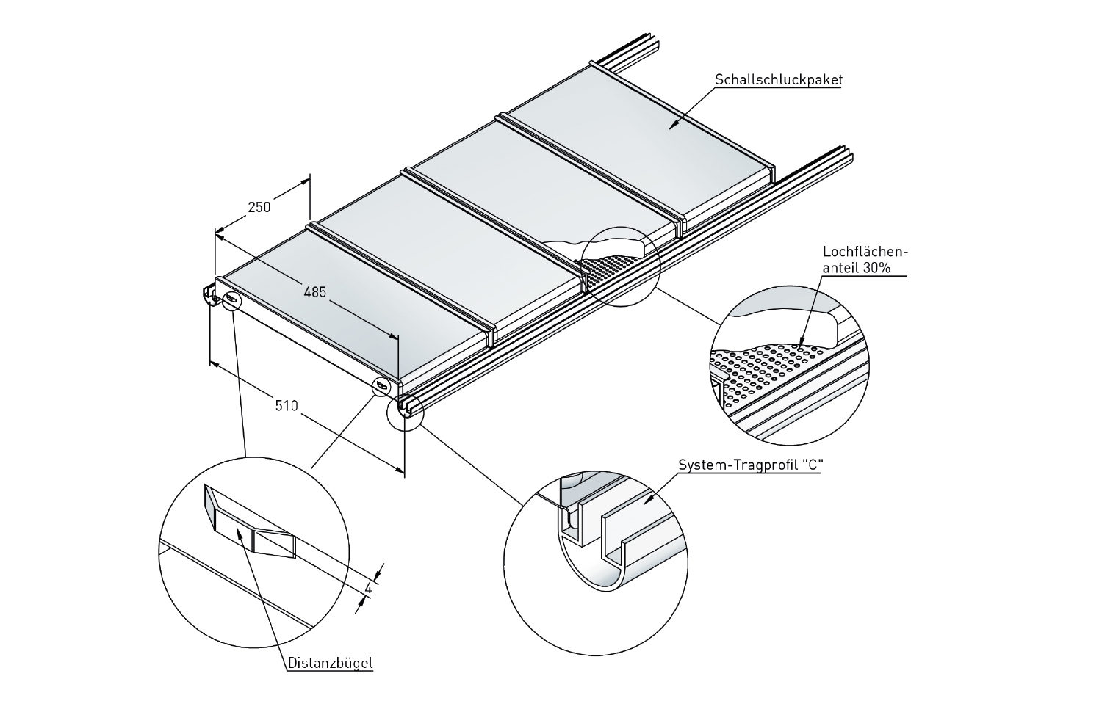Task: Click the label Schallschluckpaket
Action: pos(778,79)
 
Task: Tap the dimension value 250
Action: pos(259,207)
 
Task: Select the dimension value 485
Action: pos(314,292)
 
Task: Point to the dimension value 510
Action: pos(287,404)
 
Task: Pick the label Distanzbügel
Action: pos(329,663)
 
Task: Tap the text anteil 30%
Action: pos(857,269)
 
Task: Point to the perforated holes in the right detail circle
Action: pos(764,367)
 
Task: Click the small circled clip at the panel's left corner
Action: pos(231,299)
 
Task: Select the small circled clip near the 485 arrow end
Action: pos(381,385)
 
